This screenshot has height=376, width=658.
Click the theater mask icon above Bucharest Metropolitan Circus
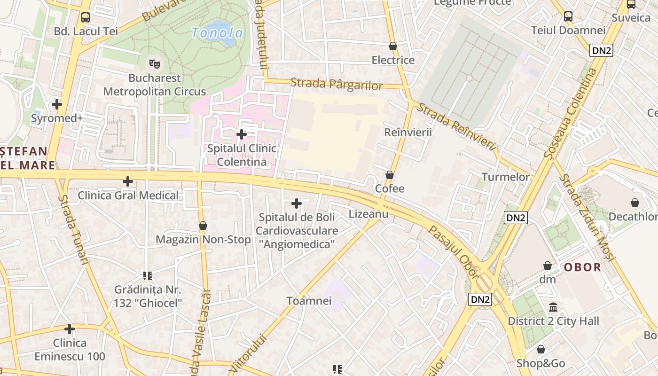pos(155,63)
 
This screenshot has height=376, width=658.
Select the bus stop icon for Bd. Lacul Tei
pos(86,17)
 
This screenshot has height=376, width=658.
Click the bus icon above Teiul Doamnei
pos(568,16)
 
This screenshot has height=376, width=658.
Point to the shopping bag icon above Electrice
pos(393,46)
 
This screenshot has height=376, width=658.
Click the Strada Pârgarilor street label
pos(337,85)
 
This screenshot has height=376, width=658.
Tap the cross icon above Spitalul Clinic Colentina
pos(242,134)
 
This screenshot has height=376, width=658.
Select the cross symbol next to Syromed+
pos(57,104)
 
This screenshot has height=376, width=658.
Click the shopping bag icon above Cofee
pos(390,175)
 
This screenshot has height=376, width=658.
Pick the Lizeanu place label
pos(368,214)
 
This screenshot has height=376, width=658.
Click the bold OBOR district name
pos(582,267)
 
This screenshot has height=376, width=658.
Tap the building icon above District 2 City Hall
pos(553,307)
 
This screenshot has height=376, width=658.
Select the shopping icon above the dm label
pos(548,266)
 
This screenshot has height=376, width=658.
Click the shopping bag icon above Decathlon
pos(635,203)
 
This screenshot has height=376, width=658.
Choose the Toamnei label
pos(309,301)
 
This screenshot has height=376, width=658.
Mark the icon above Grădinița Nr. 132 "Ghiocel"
pos(148,275)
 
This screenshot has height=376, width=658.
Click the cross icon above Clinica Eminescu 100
pos(70,329)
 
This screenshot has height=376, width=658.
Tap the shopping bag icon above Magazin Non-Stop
pos(203,226)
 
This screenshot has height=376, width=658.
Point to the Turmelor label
pos(505,177)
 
